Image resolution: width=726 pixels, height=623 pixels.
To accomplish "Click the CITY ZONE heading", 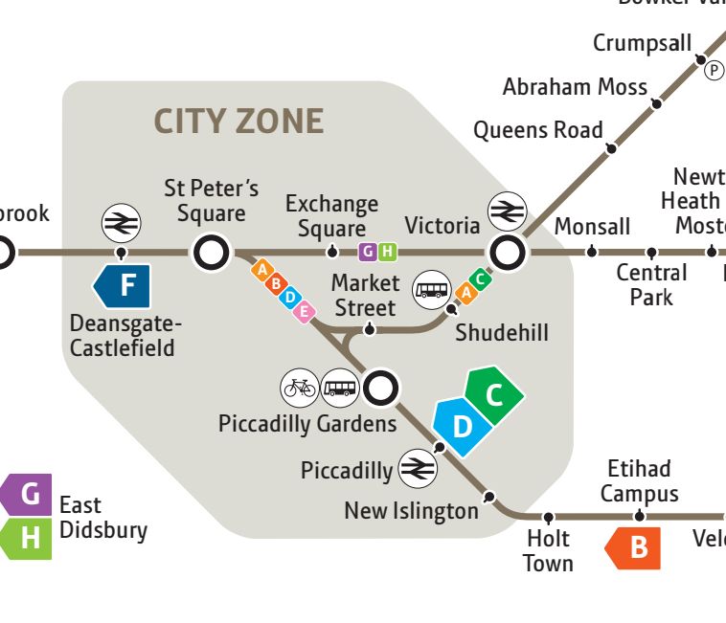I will pyautogui.click(x=238, y=122).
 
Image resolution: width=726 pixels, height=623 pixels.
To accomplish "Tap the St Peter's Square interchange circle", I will pyautogui.click(x=211, y=254).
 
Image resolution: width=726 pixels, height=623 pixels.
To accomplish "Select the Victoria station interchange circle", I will pyautogui.click(x=507, y=254).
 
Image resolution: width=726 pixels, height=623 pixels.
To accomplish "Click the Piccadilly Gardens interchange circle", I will pyautogui.click(x=381, y=388).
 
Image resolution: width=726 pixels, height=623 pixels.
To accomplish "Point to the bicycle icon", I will pyautogui.click(x=299, y=388).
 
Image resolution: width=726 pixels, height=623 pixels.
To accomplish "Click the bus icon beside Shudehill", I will pyautogui.click(x=431, y=290).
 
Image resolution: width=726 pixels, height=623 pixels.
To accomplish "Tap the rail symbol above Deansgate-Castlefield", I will pyautogui.click(x=121, y=223).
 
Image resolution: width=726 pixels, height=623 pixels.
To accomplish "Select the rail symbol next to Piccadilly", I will pyautogui.click(x=418, y=468).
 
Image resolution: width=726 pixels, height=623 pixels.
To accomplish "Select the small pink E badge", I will pyautogui.click(x=305, y=311).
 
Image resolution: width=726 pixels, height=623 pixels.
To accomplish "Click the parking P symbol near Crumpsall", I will pyautogui.click(x=714, y=70).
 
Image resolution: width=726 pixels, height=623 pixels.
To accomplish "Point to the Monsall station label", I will pyautogui.click(x=592, y=227).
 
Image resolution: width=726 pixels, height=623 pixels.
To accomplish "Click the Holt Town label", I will pyautogui.click(x=548, y=551).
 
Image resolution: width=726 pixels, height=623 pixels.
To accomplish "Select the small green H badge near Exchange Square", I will pyautogui.click(x=387, y=253).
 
